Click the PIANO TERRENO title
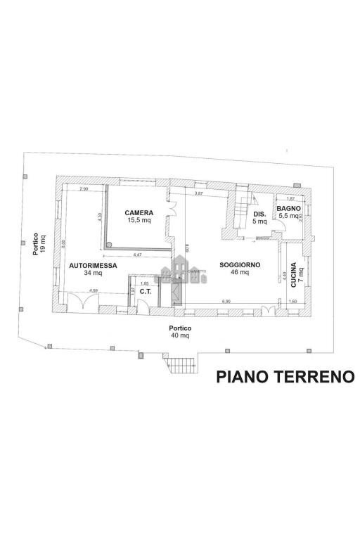284,377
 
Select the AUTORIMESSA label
93,265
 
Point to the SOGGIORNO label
240,265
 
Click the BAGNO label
288,209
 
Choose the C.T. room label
146,291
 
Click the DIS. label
259,214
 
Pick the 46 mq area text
240,273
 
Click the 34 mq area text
93,273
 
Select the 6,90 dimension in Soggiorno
226,301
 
